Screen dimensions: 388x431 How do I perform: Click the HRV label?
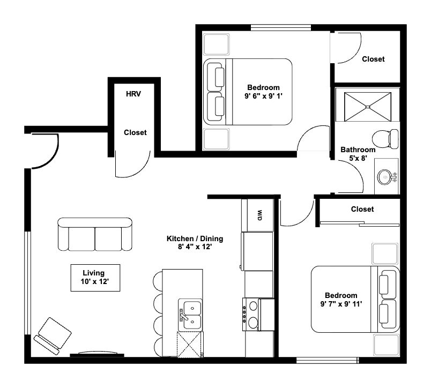tap(133, 94)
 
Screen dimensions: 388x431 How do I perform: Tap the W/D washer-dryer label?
tap(259, 215)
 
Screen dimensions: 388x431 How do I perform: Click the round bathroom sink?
tap(384, 176)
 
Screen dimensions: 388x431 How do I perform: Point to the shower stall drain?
tap(368, 107)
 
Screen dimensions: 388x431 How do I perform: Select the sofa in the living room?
tap(95, 234)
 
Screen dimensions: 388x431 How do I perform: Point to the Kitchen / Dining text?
tap(195, 238)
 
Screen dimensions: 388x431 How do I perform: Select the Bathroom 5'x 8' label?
tap(358, 154)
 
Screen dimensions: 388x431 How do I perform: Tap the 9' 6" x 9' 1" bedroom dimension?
tap(263, 97)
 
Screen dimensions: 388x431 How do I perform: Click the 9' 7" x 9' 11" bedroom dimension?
tap(341, 305)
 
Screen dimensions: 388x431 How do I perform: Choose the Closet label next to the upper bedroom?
tap(373, 59)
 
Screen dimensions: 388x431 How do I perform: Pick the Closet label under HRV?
tap(135, 132)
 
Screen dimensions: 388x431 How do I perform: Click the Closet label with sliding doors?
tap(362, 209)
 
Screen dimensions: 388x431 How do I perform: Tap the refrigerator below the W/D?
tap(259, 251)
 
